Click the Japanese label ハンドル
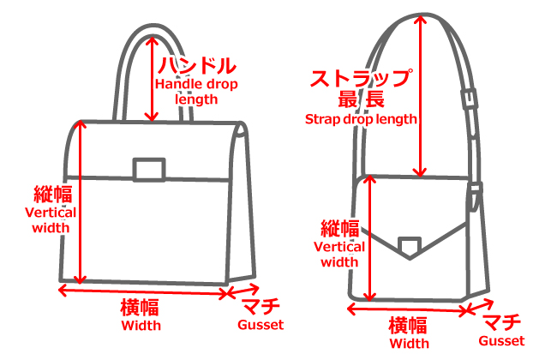click(x=197, y=65)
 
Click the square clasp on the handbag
click(x=149, y=169)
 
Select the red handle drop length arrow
click(x=153, y=77)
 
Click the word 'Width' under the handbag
click(x=141, y=326)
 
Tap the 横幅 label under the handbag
click(x=141, y=308)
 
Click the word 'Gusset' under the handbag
click(x=260, y=326)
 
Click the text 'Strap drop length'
click(x=361, y=119)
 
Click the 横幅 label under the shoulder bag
click(x=408, y=326)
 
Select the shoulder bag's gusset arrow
click(x=476, y=309)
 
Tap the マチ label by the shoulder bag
click(x=502, y=322)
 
